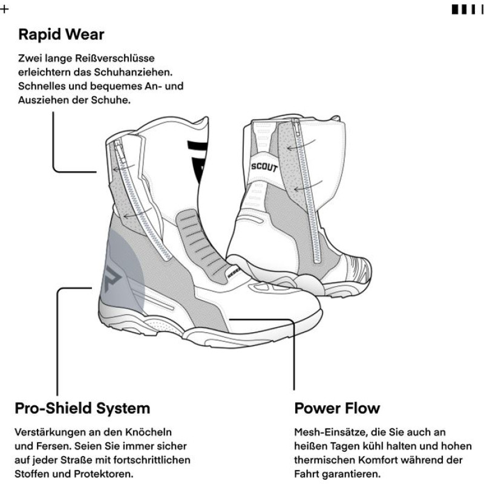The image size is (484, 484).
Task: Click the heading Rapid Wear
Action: coord(61,34)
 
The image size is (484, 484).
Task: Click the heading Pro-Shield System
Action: coord(82,408)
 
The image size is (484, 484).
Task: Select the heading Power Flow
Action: coord(337,408)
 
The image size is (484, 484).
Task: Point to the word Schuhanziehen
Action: coord(133,72)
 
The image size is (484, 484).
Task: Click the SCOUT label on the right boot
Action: coord(264,167)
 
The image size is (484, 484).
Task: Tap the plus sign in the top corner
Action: coord(4,9)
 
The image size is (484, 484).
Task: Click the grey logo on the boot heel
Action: coord(113,278)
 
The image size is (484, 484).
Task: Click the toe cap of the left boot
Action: coord(296,306)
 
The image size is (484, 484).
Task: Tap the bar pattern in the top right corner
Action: coord(467,10)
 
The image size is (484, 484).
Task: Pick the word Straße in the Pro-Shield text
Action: coord(78,460)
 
